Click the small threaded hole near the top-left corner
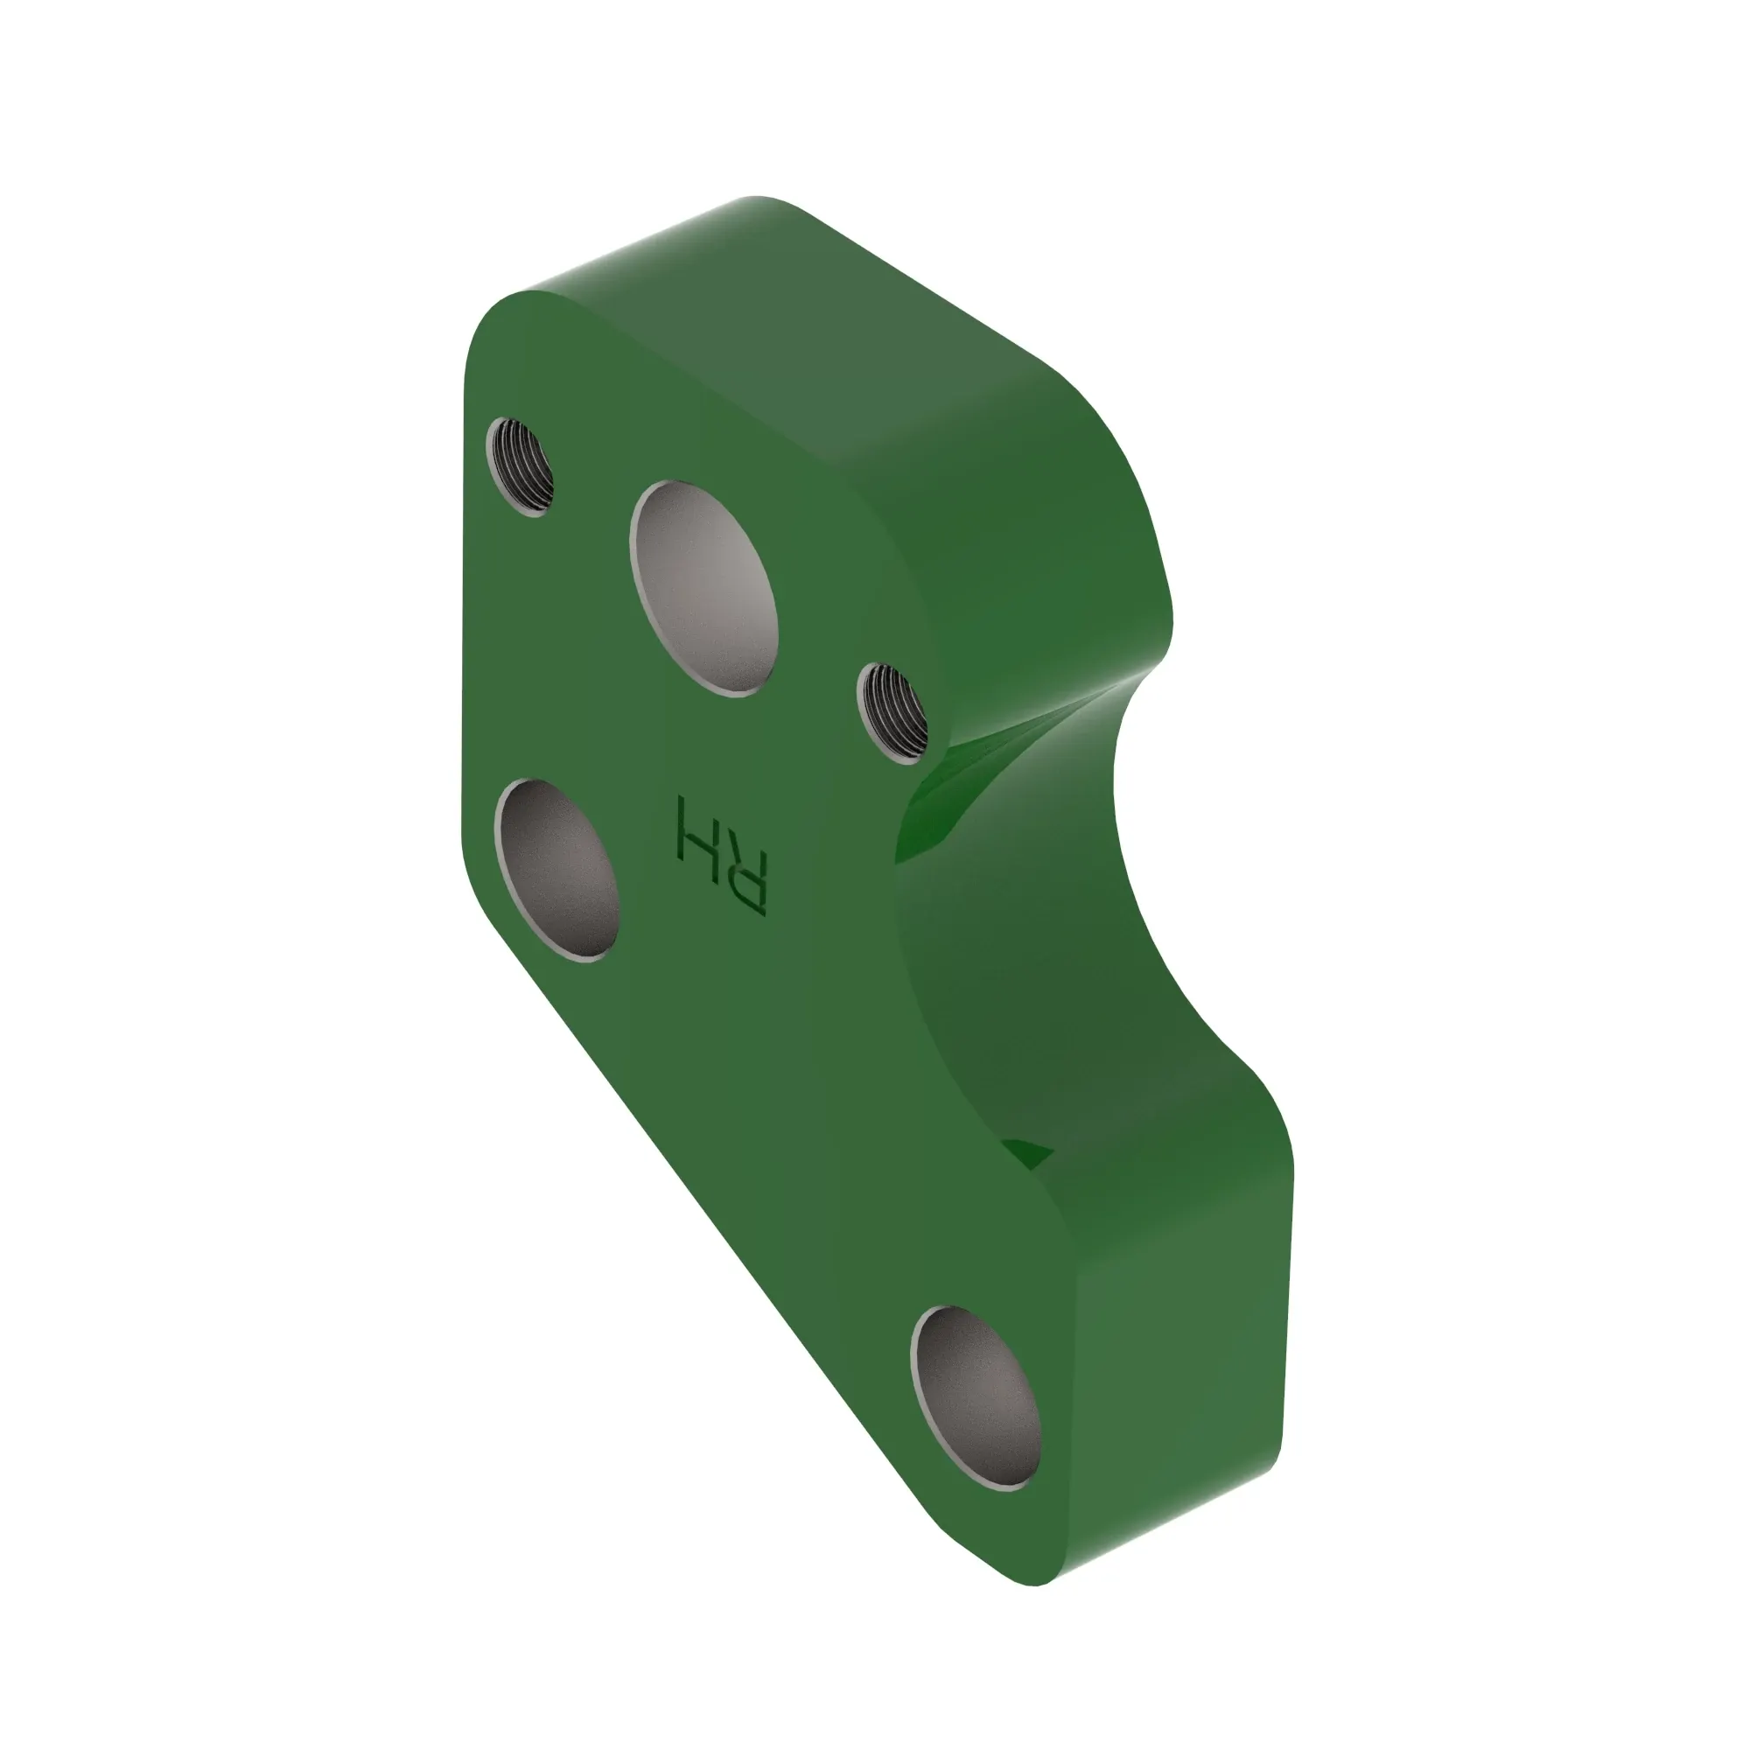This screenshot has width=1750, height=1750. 521,466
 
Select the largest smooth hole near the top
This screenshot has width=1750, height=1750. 703,589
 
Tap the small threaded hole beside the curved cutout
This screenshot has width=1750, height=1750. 892,712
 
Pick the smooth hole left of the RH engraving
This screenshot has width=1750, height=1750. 557,870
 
